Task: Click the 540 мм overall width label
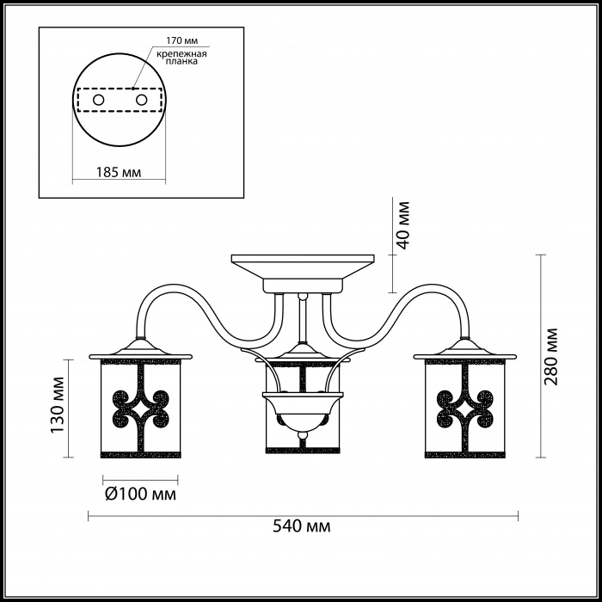click(301, 526)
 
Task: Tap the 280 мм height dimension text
click(551, 357)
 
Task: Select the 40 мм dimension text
click(402, 225)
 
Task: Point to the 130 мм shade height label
click(58, 404)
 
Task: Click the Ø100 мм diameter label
click(140, 494)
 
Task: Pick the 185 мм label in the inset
click(119, 172)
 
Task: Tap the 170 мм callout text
click(181, 40)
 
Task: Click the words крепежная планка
click(181, 58)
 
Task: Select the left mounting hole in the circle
click(98, 101)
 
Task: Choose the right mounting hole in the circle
click(141, 101)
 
